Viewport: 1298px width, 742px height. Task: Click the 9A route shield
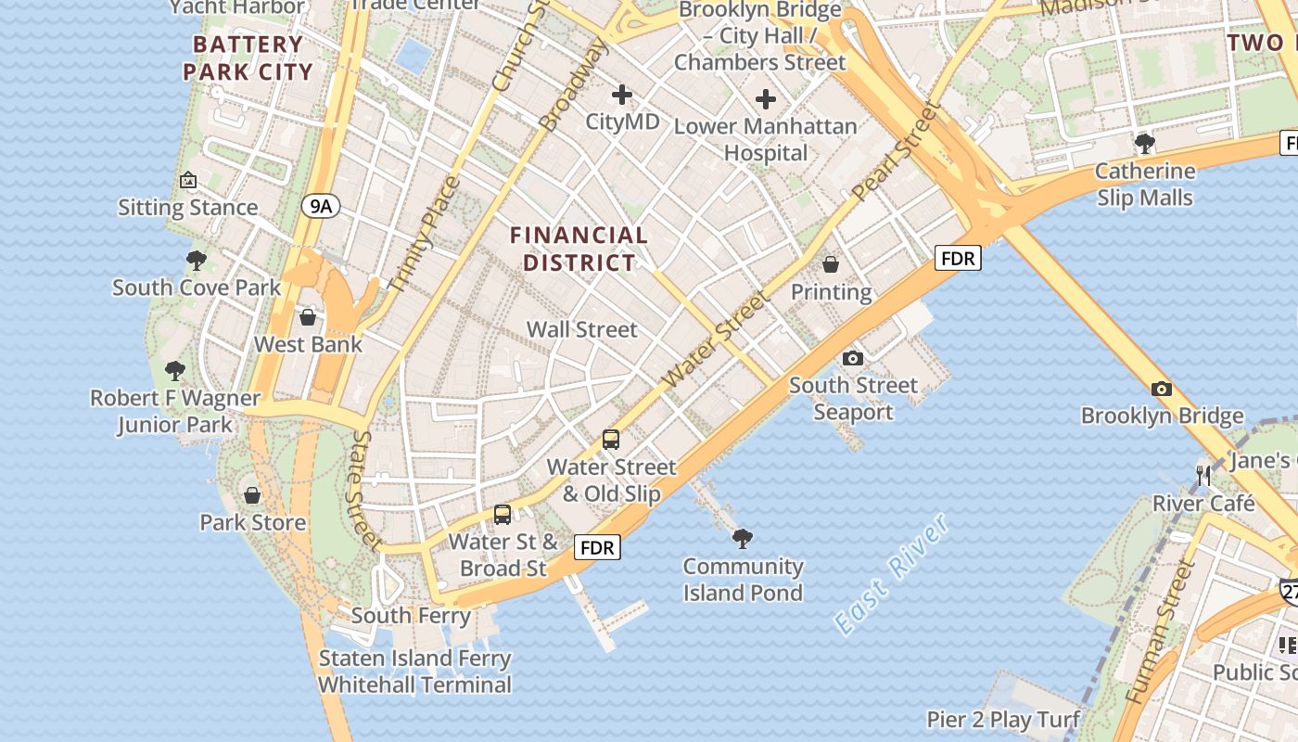tap(320, 206)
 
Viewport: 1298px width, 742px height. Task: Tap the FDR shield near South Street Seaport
tap(957, 258)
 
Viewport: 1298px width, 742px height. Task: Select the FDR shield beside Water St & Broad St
tap(597, 547)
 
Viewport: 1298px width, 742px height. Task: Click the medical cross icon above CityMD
tap(622, 95)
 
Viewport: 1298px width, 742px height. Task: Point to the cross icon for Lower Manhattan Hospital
tap(766, 99)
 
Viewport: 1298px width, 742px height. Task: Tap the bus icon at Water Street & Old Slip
tap(611, 440)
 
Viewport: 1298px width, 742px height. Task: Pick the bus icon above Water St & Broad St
tap(503, 514)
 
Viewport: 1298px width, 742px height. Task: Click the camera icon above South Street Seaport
tap(853, 358)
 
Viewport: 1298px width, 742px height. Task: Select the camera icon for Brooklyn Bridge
tap(1161, 389)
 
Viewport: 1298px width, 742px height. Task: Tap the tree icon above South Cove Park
tap(196, 260)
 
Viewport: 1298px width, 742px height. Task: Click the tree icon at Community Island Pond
tap(742, 538)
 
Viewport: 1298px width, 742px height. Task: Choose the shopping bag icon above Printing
tap(831, 264)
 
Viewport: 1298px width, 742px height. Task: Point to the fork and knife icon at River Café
tap(1203, 476)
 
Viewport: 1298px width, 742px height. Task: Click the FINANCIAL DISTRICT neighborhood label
tap(579, 249)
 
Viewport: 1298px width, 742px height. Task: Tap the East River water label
tap(892, 573)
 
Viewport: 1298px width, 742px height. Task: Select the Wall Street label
tap(582, 329)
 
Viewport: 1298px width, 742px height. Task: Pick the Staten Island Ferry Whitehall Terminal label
tap(414, 672)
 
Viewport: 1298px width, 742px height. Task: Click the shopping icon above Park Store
tap(252, 494)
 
